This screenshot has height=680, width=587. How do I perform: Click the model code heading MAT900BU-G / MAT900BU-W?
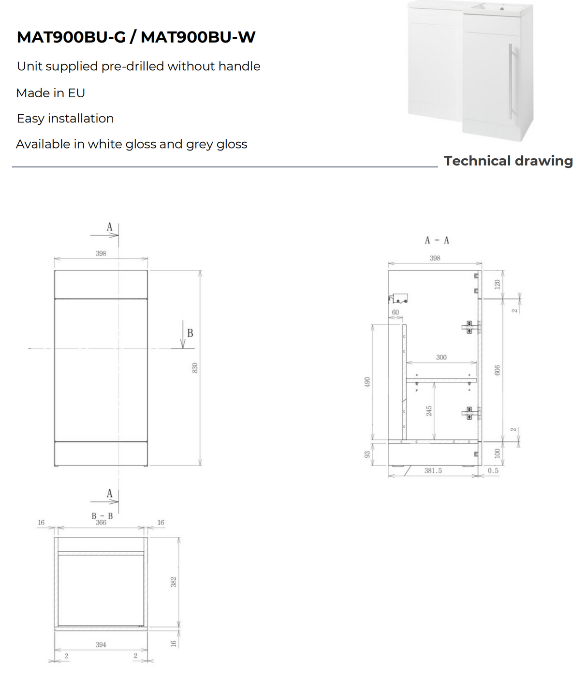(x=136, y=37)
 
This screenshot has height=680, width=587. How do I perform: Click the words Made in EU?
(x=51, y=93)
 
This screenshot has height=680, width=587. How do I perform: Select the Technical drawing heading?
(x=508, y=161)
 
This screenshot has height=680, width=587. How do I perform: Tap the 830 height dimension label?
(x=195, y=368)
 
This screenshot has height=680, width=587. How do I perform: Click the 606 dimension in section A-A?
(x=498, y=370)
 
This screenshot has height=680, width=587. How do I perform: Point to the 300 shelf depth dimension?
(x=441, y=357)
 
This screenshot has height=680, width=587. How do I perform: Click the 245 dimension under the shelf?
(x=429, y=411)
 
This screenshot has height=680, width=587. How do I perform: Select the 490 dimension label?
(x=367, y=382)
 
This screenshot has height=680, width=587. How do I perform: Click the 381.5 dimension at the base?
(x=433, y=470)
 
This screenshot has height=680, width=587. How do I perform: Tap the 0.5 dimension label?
(x=493, y=470)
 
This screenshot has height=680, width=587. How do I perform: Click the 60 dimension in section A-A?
(x=395, y=312)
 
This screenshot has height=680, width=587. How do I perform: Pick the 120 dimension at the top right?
(x=497, y=285)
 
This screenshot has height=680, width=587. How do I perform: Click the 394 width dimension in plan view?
(x=101, y=645)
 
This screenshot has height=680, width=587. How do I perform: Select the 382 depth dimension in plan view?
(x=174, y=582)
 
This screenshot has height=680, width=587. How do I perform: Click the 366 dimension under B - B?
(x=101, y=523)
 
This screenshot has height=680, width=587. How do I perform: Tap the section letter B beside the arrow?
(x=190, y=333)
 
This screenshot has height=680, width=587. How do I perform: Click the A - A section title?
(x=437, y=240)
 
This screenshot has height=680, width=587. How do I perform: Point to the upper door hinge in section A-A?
(x=470, y=328)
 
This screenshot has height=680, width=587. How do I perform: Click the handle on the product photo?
(x=510, y=81)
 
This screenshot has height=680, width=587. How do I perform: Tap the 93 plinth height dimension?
(x=367, y=454)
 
